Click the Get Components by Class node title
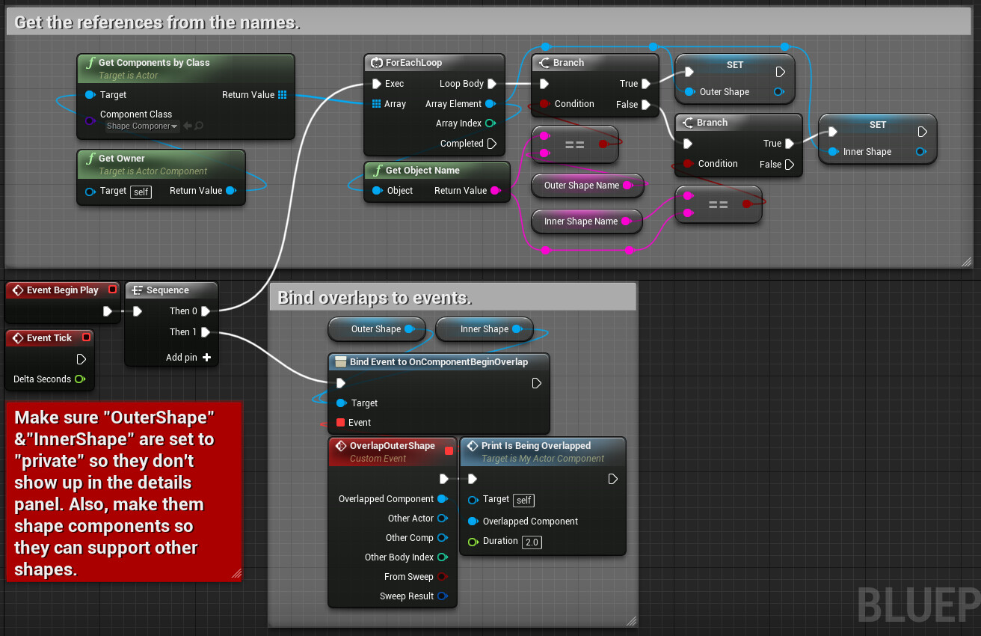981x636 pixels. [x=154, y=63]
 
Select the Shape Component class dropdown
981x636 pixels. [x=142, y=126]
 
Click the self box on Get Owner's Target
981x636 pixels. [x=141, y=192]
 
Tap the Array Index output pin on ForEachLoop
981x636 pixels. [x=491, y=123]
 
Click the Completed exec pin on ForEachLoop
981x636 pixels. [x=492, y=144]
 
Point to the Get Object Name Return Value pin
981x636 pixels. [x=496, y=191]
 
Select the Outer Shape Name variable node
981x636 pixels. [x=587, y=186]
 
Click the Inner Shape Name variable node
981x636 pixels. [x=587, y=221]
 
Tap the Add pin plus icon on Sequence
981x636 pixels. [x=206, y=358]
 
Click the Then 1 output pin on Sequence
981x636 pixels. [x=206, y=332]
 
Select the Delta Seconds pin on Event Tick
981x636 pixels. [x=80, y=379]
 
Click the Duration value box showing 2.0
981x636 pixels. [x=532, y=542]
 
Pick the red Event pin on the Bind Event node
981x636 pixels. [x=340, y=423]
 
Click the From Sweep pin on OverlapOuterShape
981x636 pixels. [x=443, y=577]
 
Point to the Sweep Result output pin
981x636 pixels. [x=443, y=596]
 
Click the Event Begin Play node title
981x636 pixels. [x=63, y=290]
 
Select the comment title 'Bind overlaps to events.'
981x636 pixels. [x=375, y=298]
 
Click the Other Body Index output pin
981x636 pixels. [x=443, y=557]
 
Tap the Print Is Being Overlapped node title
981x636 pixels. [x=536, y=446]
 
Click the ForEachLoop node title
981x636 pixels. [x=413, y=63]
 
